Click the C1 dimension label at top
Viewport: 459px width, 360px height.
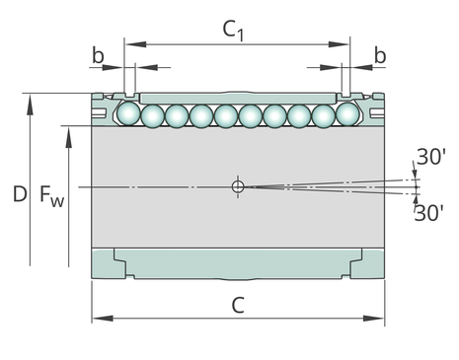coord(233,31)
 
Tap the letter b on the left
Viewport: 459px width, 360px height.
coord(98,55)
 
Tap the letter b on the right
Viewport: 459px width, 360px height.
coord(380,55)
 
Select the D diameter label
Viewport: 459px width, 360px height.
coord(20,193)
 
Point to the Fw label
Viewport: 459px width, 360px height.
coord(51,195)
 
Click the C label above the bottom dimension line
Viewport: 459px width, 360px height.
coord(238,305)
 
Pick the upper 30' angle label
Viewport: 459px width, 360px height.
coord(431,157)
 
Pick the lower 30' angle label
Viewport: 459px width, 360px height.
coord(428,213)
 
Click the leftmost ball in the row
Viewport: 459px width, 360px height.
coord(129,113)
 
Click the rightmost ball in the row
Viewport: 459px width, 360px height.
coord(347,113)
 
